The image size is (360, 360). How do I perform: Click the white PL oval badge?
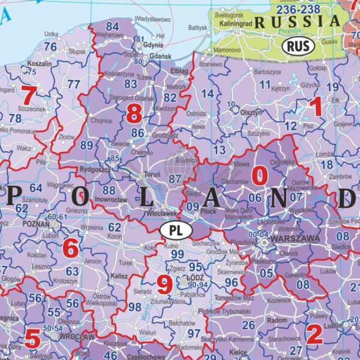pyautogui.click(x=176, y=230)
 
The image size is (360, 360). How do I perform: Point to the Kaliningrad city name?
pyautogui.click(x=236, y=23)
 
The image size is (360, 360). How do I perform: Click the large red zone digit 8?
pyautogui.click(x=134, y=114)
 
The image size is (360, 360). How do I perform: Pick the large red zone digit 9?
pyautogui.click(x=165, y=286)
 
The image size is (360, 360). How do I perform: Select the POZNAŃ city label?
pyautogui.click(x=36, y=224)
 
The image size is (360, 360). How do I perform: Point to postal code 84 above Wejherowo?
pyautogui.click(x=112, y=26)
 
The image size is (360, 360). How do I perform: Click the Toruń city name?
pyautogui.click(x=152, y=175)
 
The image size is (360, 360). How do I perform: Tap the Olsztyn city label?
pyautogui.click(x=252, y=112)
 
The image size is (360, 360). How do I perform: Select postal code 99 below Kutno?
pyautogui.click(x=178, y=254)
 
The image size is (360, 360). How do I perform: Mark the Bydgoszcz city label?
pyautogui.click(x=95, y=170)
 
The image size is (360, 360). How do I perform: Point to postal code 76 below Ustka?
pyautogui.click(x=50, y=46)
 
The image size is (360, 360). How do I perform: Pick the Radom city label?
pyautogui.click(x=277, y=320)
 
